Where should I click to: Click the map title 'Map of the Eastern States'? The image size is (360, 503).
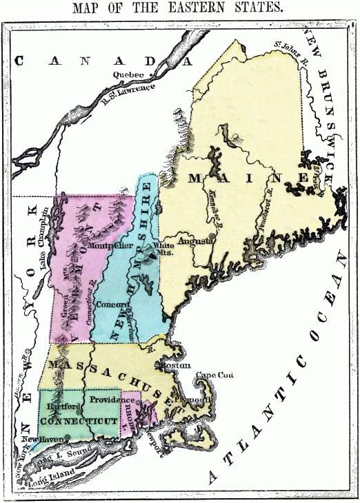179,8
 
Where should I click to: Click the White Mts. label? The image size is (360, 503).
164,249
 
